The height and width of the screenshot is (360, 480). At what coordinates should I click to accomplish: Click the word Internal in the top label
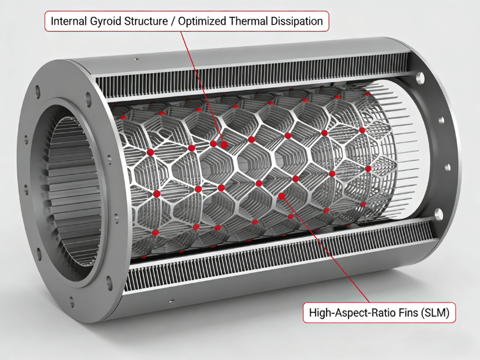click(x=69, y=21)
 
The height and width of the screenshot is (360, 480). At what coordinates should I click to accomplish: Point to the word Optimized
click(x=202, y=22)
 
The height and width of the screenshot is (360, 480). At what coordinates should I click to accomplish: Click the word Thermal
click(x=248, y=21)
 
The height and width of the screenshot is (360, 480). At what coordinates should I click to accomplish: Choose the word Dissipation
click(x=296, y=22)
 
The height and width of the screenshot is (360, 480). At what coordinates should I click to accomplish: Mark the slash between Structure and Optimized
click(x=173, y=22)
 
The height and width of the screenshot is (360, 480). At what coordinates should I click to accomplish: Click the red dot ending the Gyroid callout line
click(x=224, y=145)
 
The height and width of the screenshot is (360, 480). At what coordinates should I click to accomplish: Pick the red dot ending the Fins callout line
click(x=282, y=196)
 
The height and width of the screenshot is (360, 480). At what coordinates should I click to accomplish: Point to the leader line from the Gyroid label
click(x=202, y=88)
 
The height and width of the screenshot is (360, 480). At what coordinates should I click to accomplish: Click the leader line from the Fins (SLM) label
click(x=326, y=249)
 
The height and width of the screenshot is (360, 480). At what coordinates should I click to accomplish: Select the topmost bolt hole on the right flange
click(x=419, y=77)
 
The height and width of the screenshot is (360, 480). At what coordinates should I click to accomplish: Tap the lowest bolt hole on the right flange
click(x=439, y=214)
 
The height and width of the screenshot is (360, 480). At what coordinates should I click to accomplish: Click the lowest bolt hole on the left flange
click(x=72, y=302)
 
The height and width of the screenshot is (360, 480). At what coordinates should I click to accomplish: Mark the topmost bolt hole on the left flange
click(x=38, y=91)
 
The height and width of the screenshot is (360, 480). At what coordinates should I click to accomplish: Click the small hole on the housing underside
click(x=172, y=301)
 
